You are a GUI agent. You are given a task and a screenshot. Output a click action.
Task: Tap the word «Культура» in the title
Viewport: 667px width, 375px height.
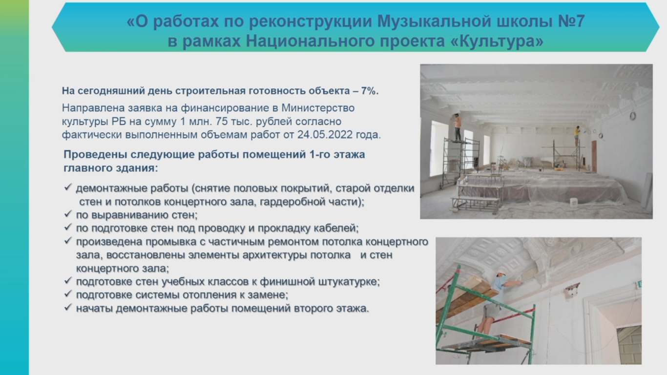coord(497,41)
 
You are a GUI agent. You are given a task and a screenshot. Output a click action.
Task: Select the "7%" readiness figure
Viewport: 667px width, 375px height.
coord(368,91)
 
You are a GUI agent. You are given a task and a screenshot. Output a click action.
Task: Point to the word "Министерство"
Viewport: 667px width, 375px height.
coord(318,108)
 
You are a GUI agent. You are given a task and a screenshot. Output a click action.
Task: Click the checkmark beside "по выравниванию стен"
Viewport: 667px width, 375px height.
coord(68,213)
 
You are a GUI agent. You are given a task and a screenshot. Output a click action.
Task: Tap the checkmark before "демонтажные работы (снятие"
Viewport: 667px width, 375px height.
coord(68,187)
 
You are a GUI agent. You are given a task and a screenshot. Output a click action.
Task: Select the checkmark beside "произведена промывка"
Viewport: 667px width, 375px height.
coord(68,240)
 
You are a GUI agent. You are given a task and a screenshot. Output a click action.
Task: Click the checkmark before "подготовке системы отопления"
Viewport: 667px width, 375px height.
coord(68,293)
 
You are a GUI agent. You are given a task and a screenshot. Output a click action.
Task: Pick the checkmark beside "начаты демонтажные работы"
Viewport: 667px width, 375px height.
coord(68,307)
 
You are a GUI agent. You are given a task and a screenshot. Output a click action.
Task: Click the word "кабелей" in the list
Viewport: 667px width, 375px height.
coord(339,228)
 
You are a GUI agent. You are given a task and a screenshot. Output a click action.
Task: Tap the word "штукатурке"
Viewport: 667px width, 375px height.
coord(349,282)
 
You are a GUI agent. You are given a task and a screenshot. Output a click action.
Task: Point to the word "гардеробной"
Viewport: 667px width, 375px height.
coord(292,202)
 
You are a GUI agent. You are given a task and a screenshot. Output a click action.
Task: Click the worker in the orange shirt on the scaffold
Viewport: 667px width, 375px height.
coord(458,127)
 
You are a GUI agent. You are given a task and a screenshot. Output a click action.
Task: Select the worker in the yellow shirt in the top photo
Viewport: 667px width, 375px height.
coord(577,136)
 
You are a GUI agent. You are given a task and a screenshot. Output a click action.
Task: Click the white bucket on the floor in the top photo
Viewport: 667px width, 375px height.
coord(574,202)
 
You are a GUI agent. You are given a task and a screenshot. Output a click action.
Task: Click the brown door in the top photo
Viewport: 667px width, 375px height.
coord(594,156)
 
